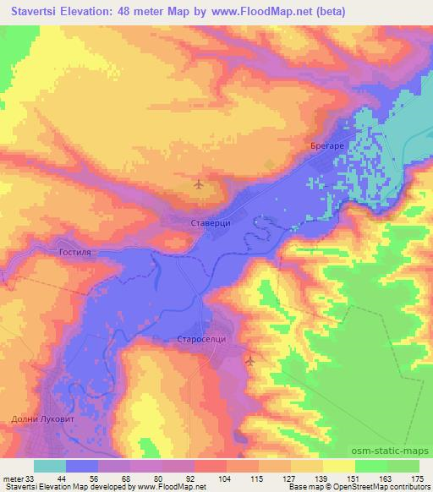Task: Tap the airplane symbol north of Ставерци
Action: click(199, 183)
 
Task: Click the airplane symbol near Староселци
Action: click(250, 361)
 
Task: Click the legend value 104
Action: click(224, 478)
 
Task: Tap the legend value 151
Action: click(354, 478)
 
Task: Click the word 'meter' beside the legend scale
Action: click(12, 478)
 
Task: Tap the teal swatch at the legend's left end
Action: click(50, 466)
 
